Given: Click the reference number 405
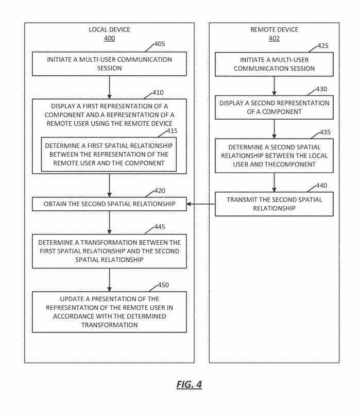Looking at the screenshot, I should [160, 44].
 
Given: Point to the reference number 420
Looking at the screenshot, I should [160, 190].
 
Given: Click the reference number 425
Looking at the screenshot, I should [322, 46].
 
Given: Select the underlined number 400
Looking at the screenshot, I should [109, 38].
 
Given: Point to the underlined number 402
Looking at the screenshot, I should [274, 38].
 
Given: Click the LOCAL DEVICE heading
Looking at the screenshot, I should [109, 29].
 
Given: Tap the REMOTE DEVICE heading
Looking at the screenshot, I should [274, 29].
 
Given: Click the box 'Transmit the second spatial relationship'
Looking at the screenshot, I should [273, 204].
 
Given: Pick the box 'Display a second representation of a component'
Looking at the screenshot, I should [273, 107].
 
